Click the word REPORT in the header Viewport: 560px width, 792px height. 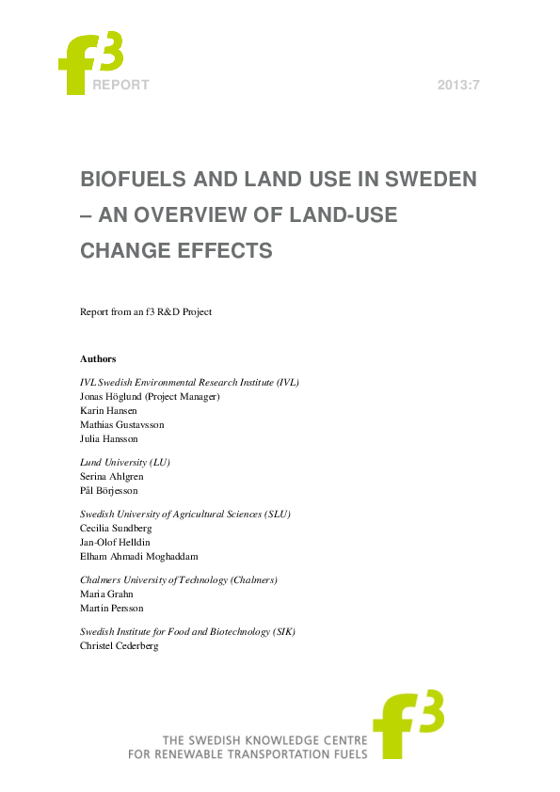point(120,86)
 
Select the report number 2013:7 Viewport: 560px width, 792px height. point(459,86)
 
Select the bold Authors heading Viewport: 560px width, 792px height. point(99,358)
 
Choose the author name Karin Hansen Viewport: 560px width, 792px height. point(109,410)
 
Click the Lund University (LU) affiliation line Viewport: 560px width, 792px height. point(125,462)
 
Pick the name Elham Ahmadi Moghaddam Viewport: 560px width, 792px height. point(138,556)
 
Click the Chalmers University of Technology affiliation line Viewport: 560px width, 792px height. point(179,579)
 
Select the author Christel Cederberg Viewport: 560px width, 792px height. point(120,645)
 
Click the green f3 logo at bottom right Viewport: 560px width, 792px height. point(408,725)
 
